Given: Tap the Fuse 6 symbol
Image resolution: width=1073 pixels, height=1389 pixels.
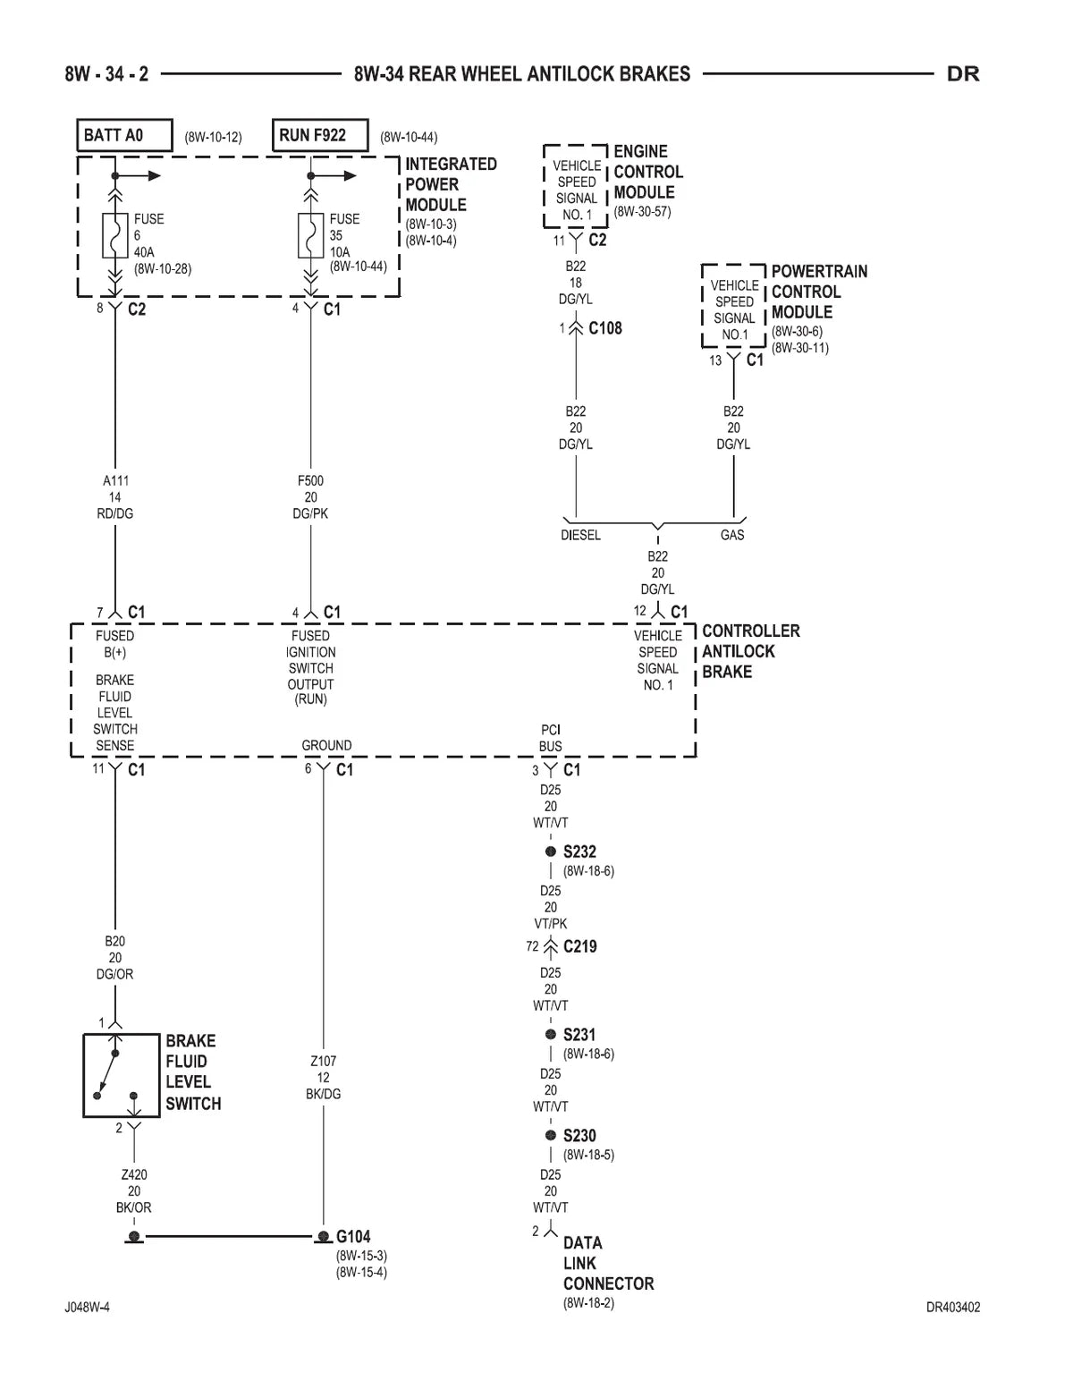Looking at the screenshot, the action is pyautogui.click(x=115, y=235).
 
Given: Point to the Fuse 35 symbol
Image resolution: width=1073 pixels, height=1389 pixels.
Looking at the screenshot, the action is pyautogui.click(x=310, y=235).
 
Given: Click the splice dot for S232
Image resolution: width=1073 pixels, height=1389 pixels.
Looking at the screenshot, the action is pyautogui.click(x=550, y=851).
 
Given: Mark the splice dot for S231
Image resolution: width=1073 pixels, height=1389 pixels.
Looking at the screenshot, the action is pyautogui.click(x=550, y=1034).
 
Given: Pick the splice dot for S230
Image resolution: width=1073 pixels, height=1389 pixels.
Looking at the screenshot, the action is pyautogui.click(x=550, y=1135).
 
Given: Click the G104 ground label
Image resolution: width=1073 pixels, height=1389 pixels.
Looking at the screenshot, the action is pyautogui.click(x=353, y=1236).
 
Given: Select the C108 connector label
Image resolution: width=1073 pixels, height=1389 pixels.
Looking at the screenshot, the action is pyautogui.click(x=605, y=328).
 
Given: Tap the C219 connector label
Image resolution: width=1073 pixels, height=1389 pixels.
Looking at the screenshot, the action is pyautogui.click(x=580, y=946).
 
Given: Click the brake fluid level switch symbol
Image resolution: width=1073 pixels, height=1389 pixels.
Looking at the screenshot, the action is pyautogui.click(x=122, y=1075).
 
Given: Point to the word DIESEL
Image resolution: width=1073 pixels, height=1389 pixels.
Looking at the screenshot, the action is pyautogui.click(x=580, y=535).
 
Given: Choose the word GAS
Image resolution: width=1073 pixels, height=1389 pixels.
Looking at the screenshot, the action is pyautogui.click(x=732, y=535).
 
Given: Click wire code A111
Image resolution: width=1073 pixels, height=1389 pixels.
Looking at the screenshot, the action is pyautogui.click(x=115, y=480).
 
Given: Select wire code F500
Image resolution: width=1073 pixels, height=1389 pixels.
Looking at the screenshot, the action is pyautogui.click(x=310, y=480).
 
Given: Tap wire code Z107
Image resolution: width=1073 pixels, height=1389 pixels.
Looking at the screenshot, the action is pyautogui.click(x=324, y=1061).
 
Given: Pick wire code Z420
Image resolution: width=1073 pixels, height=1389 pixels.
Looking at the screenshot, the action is pyautogui.click(x=134, y=1175).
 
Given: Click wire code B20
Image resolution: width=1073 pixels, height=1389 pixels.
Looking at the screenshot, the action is pyautogui.click(x=115, y=941).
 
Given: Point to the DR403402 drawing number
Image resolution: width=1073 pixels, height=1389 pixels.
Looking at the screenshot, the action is pyautogui.click(x=953, y=1308).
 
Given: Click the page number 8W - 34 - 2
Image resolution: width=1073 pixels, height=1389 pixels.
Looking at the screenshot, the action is pyautogui.click(x=106, y=74).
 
